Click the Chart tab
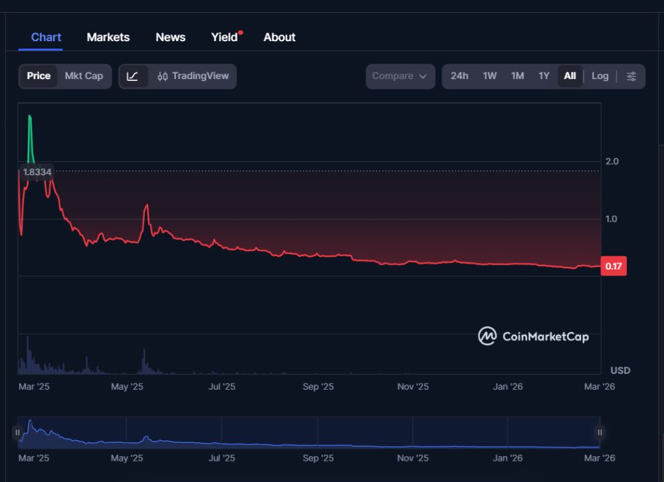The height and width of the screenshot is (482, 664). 46,37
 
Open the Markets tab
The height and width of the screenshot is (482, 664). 108,37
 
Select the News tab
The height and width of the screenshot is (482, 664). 171,37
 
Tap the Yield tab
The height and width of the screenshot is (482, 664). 224,37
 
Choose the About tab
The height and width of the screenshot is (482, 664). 280,37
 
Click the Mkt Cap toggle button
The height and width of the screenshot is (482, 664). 84,76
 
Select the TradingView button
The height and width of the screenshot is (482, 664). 193,76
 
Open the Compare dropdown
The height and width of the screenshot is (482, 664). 400,76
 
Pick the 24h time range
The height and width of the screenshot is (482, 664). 459,76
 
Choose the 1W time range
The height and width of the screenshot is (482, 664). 490,76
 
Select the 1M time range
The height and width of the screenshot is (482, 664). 518,76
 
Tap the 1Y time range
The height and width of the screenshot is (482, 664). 544,76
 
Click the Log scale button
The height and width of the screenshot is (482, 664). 600,76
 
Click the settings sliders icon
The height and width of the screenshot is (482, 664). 631,76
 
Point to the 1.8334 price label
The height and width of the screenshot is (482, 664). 37,172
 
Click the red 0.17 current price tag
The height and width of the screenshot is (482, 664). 614,266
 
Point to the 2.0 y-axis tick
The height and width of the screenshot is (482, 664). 612,161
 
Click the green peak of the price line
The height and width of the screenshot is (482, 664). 30,118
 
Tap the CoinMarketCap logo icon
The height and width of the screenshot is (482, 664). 487,336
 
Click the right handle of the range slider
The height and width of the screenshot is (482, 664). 600,433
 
